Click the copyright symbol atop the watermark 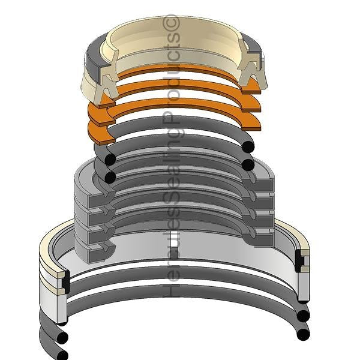[x=172, y=23]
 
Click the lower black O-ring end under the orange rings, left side [x=109, y=177]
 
